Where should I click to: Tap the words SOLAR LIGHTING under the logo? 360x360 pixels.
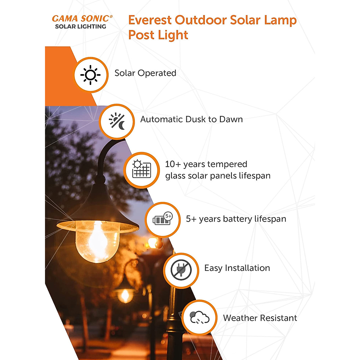pos(80,26)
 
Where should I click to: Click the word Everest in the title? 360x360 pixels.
pos(150,20)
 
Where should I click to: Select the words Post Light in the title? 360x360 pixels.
pos(158,35)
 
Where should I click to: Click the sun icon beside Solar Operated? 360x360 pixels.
pos(90,75)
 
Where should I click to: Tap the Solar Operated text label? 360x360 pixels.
pos(145,73)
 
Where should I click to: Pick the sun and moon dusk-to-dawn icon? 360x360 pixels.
pos(117,121)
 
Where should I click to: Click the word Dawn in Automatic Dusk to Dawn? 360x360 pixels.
pos(231,119)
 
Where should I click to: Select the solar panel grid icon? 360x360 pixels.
pos(142,169)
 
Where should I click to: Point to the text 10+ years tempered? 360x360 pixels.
pos(206,164)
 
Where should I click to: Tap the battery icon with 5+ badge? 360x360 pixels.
pos(163,219)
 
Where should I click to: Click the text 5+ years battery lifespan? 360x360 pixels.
pos(236,219)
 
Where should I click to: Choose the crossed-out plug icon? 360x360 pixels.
pos(181,270)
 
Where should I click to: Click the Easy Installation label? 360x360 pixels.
pos(237,268)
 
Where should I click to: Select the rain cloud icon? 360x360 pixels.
pos(199,318)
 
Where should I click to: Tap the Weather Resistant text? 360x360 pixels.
pos(260,318)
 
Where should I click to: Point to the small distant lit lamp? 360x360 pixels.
pos(125,295)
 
